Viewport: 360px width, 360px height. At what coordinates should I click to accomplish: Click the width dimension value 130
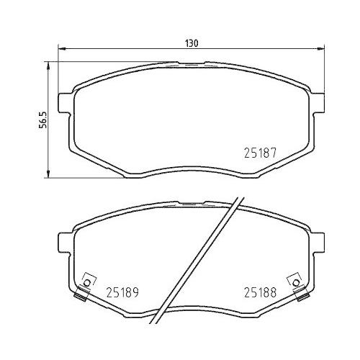191,43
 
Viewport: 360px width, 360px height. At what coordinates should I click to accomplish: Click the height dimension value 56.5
42,118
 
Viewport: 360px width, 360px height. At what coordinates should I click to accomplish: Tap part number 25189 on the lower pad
122,293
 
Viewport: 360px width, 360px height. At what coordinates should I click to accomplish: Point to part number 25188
258,293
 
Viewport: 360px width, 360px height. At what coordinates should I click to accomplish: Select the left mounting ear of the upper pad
63,104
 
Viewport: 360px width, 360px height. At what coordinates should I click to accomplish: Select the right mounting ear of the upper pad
319,104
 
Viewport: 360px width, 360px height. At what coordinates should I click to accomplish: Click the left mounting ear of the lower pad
63,245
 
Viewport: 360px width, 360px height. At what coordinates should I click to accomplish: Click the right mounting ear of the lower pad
319,245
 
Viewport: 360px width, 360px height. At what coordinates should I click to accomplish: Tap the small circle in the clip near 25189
88,282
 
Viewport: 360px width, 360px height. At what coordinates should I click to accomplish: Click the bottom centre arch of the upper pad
191,170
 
